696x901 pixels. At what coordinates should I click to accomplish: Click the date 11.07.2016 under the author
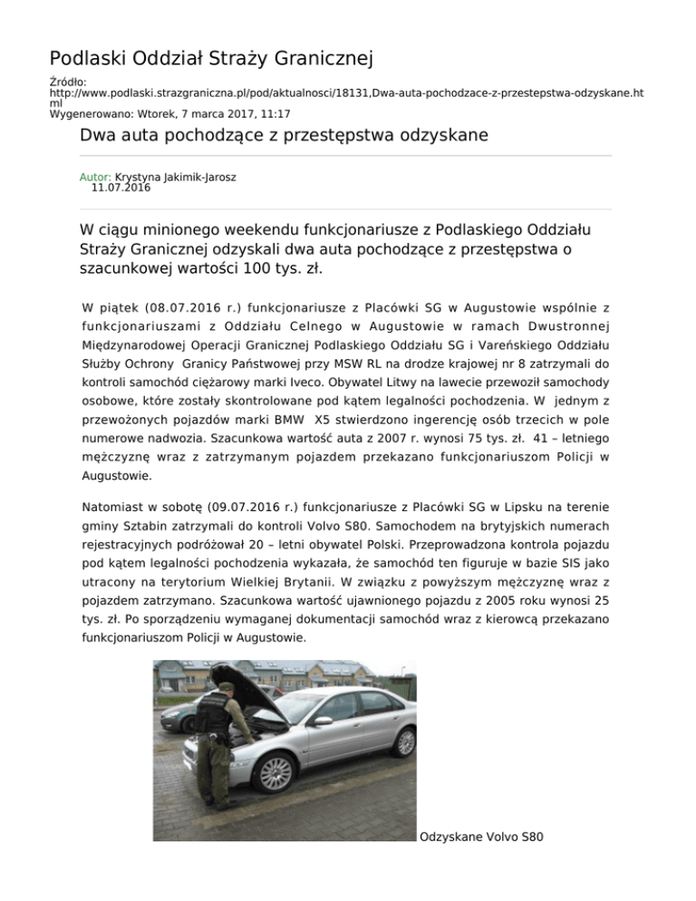pos(121,189)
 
